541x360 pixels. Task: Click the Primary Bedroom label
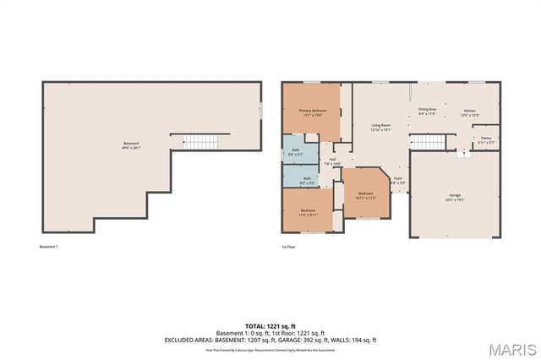(312, 111)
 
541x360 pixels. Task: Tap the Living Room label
(380, 125)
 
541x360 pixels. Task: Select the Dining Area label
(427, 110)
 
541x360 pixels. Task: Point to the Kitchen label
(470, 110)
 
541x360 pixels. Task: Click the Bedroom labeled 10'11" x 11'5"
(365, 194)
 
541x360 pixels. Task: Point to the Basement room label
(130, 144)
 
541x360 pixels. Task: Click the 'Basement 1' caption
(48, 247)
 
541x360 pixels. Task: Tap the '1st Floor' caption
(289, 247)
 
